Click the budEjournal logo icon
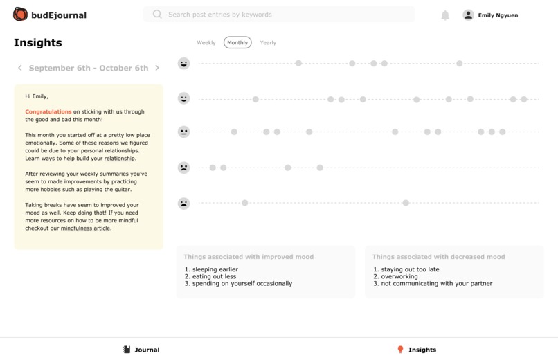(20, 15)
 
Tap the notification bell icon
(445, 15)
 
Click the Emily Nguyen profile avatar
(468, 15)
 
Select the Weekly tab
(206, 43)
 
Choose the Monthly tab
(237, 43)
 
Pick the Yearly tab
(268, 43)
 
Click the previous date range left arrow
(20, 68)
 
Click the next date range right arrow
(157, 68)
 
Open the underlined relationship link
(120, 159)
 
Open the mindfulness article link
(85, 228)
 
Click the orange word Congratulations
(48, 111)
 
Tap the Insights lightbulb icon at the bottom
(400, 350)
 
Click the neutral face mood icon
(183, 132)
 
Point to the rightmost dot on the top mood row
(460, 64)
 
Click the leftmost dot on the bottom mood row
(245, 203)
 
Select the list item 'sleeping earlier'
(215, 269)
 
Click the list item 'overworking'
(399, 276)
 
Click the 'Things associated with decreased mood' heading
(438, 257)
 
